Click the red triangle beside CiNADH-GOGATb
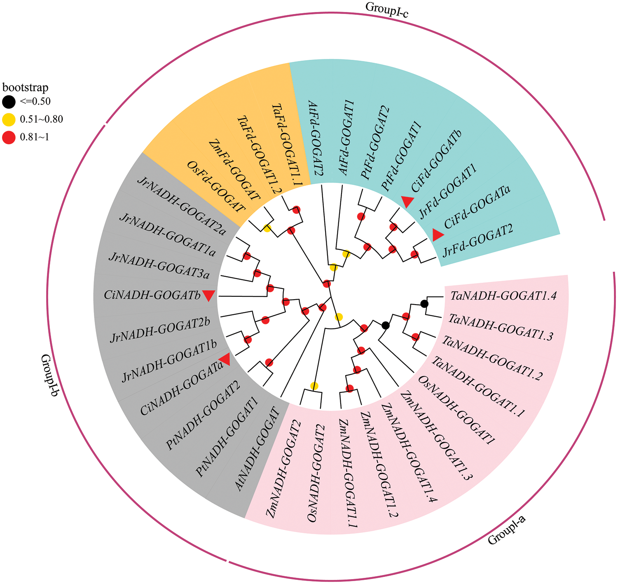209,295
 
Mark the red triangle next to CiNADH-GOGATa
225,359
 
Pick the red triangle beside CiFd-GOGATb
407,202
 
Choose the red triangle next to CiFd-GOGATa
438,235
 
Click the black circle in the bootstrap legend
9,101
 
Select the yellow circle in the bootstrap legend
9,120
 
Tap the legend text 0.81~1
35,137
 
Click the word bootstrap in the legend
26,87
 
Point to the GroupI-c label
386,8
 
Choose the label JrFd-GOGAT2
478,240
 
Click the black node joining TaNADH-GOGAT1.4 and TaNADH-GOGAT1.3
424,304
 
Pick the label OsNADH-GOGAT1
456,410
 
